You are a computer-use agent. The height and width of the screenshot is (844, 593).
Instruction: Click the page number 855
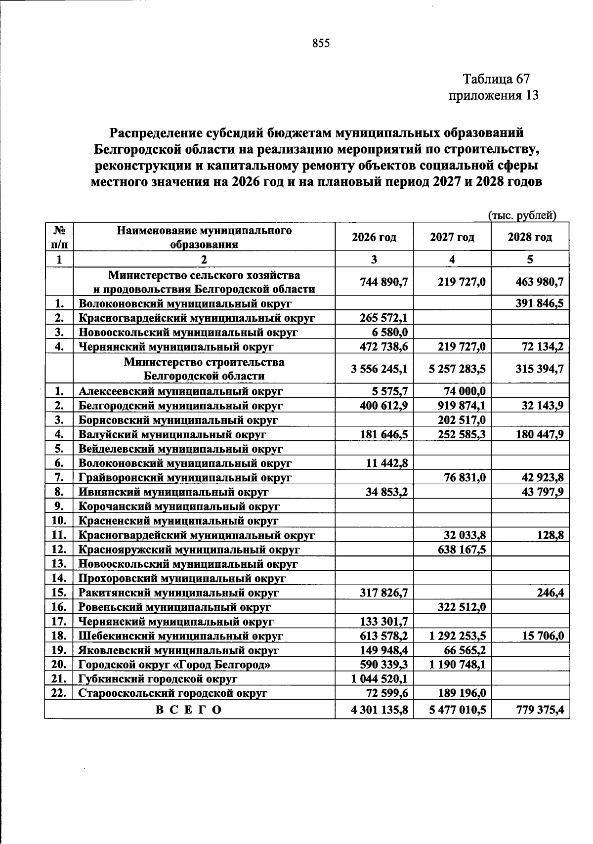click(321, 43)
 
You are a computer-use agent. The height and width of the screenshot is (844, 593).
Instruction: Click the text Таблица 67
click(496, 79)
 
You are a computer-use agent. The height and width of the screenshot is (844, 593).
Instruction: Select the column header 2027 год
click(452, 237)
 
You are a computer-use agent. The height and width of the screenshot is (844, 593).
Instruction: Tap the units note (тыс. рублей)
click(522, 215)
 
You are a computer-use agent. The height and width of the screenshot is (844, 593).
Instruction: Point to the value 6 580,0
click(389, 332)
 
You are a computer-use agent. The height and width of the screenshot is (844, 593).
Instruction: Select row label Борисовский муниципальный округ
click(178, 420)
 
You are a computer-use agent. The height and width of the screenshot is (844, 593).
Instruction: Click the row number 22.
click(59, 693)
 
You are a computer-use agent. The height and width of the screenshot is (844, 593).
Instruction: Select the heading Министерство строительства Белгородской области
click(204, 369)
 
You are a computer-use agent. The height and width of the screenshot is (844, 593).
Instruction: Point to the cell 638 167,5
click(462, 549)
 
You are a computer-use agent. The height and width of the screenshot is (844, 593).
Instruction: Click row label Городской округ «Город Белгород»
click(174, 664)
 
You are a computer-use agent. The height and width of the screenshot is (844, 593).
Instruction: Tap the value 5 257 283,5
click(458, 369)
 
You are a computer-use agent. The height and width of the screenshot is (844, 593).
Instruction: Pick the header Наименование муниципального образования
click(204, 237)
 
